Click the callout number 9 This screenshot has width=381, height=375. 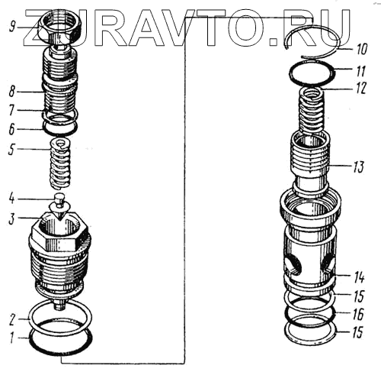[13, 26]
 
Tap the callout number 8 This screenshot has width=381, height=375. [12, 92]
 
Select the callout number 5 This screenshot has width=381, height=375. [11, 149]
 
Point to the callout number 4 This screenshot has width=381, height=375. [12, 199]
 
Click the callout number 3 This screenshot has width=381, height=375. [11, 218]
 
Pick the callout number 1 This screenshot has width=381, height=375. [11, 338]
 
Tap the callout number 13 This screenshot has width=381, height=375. [357, 166]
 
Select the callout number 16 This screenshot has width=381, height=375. [358, 314]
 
